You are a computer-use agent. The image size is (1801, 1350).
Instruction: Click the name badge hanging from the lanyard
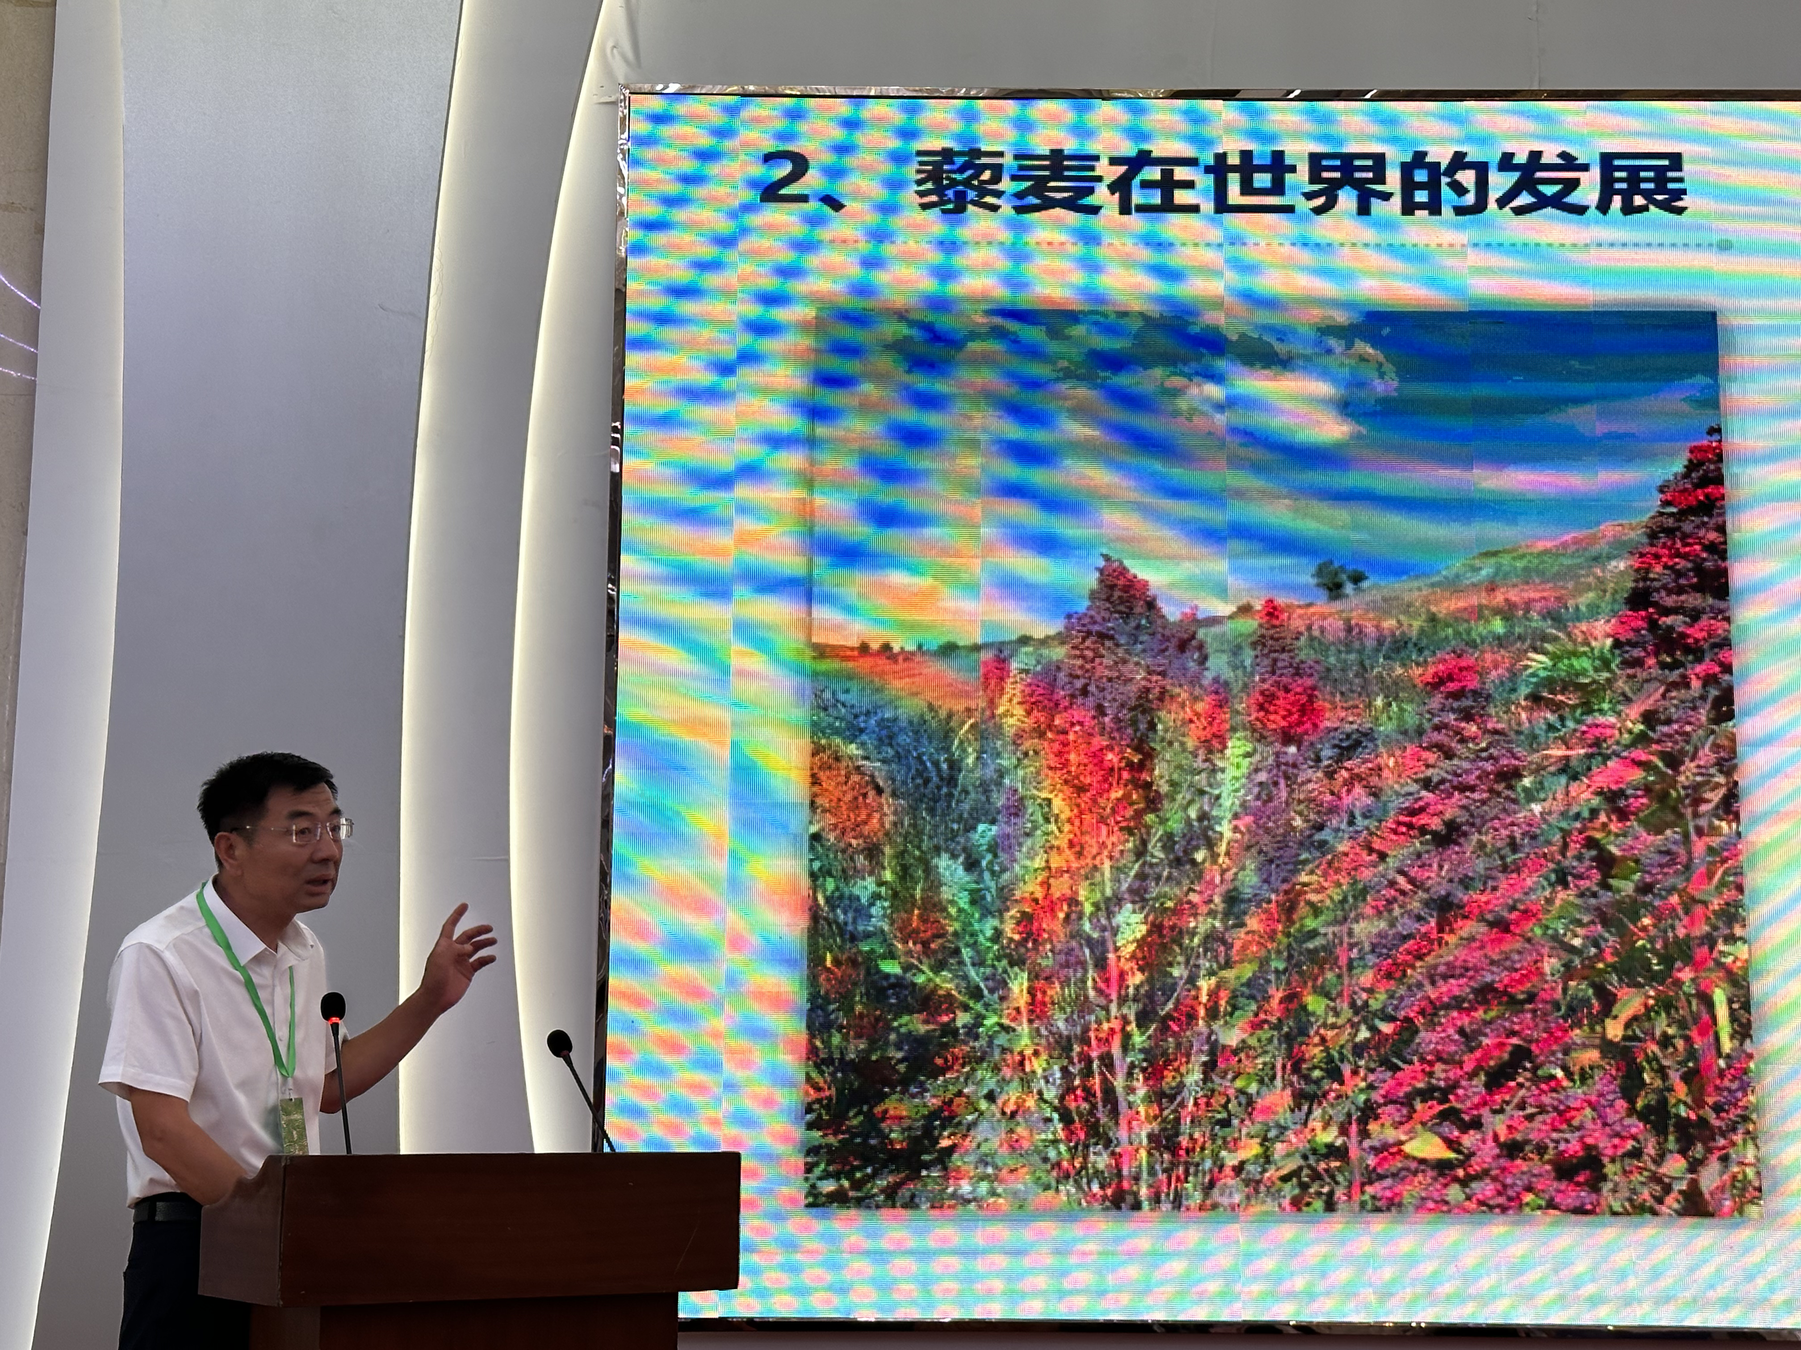(x=292, y=1125)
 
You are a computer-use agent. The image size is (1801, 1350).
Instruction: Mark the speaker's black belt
(x=168, y=1210)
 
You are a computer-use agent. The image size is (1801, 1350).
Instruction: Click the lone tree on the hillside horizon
(x=1337, y=579)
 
